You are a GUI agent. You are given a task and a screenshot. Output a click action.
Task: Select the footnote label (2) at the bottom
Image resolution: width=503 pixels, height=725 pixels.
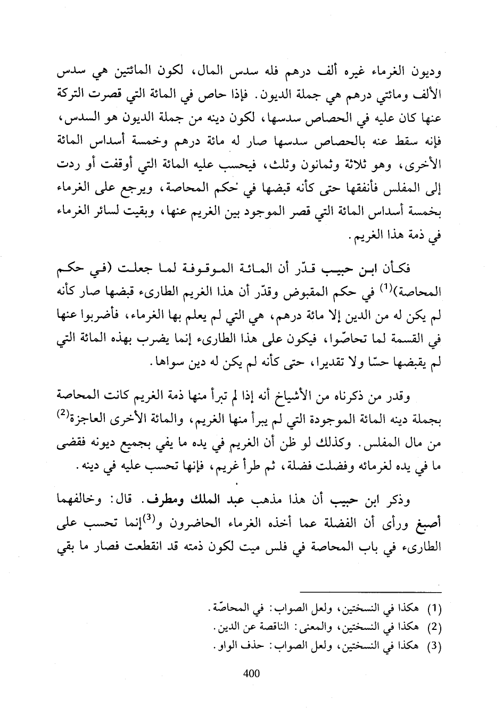click(x=436, y=627)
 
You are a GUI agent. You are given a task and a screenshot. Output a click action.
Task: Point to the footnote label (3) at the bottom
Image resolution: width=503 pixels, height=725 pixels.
click(x=436, y=646)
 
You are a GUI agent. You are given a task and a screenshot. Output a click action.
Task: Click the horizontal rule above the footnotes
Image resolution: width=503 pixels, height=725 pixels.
click(x=371, y=592)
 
